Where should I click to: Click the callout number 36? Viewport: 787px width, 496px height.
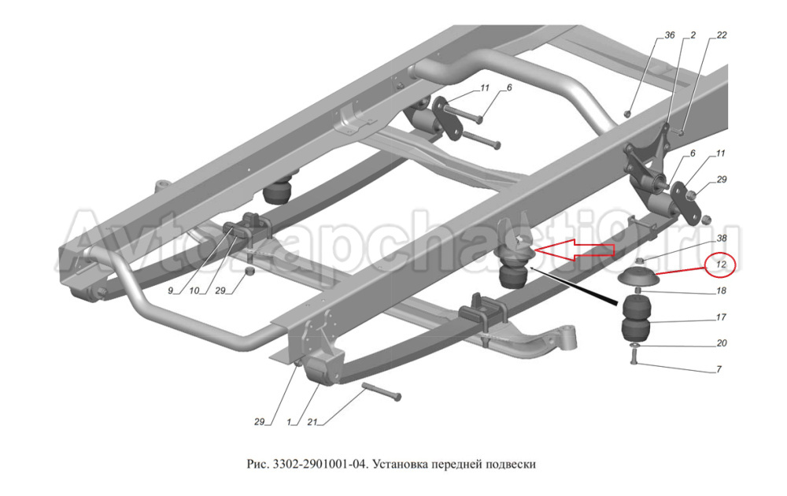tap(670, 35)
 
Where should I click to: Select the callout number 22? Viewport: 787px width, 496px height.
tap(722, 35)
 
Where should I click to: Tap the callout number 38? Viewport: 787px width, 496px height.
tap(721, 238)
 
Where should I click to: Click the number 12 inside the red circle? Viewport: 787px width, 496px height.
tap(720, 266)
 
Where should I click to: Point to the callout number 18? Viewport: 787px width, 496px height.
tap(721, 291)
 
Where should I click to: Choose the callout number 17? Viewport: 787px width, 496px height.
tap(721, 317)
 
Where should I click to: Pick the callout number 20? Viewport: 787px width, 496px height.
tap(721, 343)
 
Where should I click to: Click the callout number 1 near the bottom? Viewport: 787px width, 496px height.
tap(290, 422)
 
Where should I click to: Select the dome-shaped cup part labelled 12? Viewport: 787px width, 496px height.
tap(637, 278)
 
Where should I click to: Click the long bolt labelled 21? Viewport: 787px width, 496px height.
tap(381, 391)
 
